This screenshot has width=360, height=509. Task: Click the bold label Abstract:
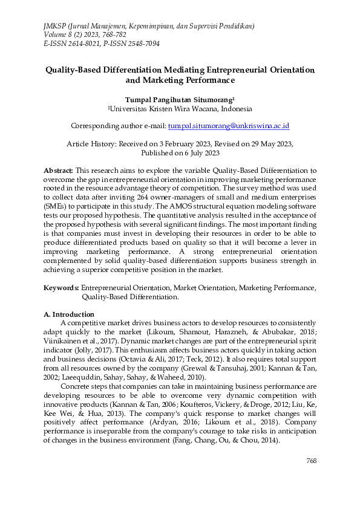coord(59,171)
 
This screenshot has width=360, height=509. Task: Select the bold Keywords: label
coord(61,288)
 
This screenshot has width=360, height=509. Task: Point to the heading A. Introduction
coord(69,314)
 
